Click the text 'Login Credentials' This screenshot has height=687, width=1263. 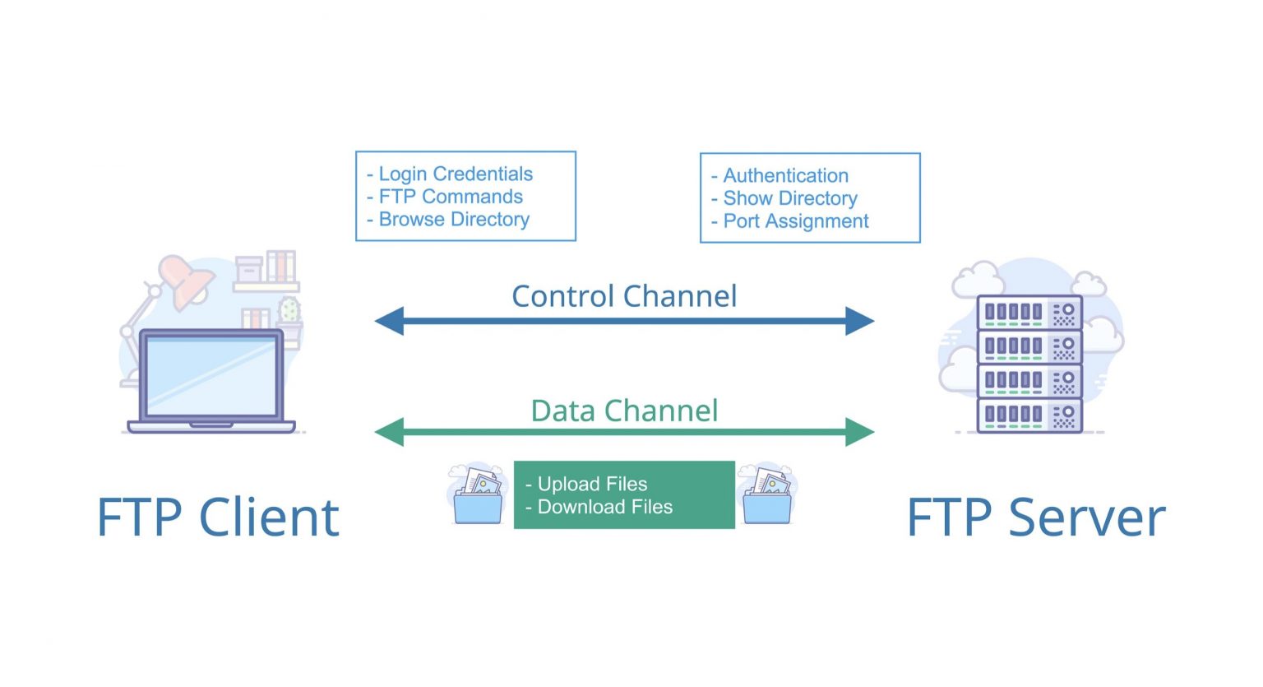tap(455, 174)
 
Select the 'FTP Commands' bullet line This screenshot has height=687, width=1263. tap(450, 197)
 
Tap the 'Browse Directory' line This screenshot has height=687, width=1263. tap(453, 220)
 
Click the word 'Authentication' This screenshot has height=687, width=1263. tap(785, 176)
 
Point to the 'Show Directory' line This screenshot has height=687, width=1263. tap(789, 198)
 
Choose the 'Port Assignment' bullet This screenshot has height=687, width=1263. tap(795, 221)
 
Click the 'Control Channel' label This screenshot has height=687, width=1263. tap(624, 296)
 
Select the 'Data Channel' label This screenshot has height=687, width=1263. tap(624, 411)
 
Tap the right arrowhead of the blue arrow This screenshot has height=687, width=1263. tap(859, 321)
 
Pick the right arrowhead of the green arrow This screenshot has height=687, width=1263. tap(859, 432)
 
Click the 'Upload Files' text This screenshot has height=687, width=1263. tap(592, 484)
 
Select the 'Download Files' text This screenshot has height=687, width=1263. tap(604, 507)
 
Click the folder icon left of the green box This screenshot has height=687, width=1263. tap(478, 496)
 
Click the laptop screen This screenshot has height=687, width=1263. tap(210, 375)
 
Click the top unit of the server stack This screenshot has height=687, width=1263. tap(1029, 313)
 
